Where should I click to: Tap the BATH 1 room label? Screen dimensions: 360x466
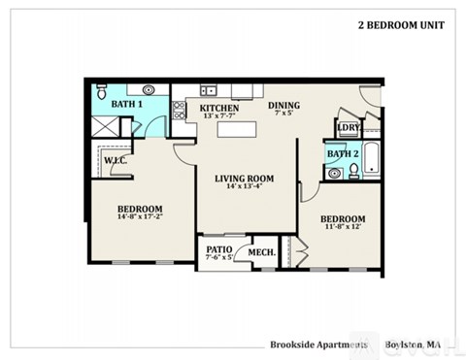click(127, 104)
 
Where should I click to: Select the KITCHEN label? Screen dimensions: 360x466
click(219, 108)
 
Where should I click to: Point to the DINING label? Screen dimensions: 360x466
click(284, 105)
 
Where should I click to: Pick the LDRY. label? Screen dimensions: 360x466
click(348, 127)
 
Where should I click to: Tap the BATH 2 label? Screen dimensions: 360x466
click(343, 154)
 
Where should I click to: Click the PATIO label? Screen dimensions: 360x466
click(218, 249)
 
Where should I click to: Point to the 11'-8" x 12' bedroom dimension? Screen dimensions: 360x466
click(343, 228)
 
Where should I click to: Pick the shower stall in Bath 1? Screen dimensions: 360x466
click(103, 124)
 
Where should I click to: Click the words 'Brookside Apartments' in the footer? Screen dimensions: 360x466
click(318, 344)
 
